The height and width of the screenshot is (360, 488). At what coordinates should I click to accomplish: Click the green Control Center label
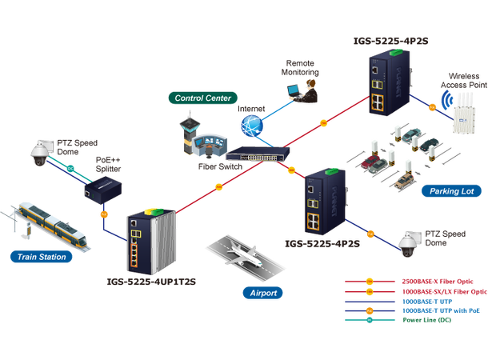pyautogui.click(x=202, y=98)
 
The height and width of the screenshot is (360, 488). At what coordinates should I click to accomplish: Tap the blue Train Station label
pyautogui.click(x=39, y=257)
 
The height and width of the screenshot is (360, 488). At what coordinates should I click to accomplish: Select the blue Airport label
pyautogui.click(x=262, y=293)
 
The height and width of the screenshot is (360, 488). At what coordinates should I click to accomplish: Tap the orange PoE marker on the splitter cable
pyautogui.click(x=103, y=214)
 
